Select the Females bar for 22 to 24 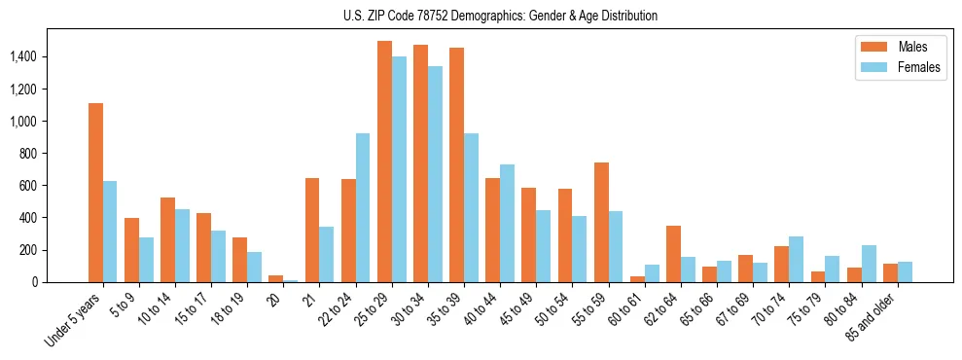[363, 208]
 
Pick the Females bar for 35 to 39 [471, 208]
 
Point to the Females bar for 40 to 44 [507, 224]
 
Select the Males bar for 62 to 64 [673, 254]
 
